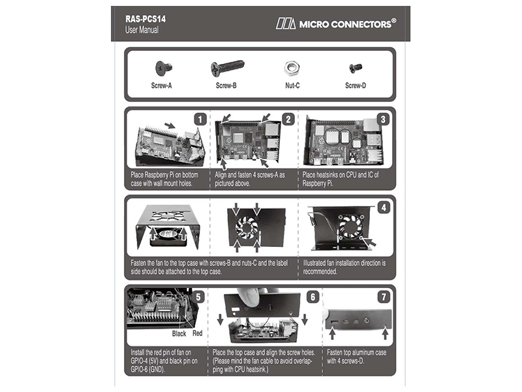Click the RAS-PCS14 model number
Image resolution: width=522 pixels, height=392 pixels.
[146, 19]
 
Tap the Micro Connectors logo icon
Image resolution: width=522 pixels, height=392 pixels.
[285, 24]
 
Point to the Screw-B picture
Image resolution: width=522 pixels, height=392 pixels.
[227, 67]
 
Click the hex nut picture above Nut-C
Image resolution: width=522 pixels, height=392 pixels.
[292, 67]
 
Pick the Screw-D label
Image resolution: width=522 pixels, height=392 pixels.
[356, 86]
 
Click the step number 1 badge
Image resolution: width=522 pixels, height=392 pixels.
[200, 120]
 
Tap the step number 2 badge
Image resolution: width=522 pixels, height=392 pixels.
[287, 120]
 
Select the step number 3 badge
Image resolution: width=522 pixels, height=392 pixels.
[384, 120]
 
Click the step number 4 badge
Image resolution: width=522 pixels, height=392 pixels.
[384, 208]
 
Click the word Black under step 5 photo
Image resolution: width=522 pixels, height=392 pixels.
[179, 333]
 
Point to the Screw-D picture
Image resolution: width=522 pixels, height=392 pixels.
[356, 67]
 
